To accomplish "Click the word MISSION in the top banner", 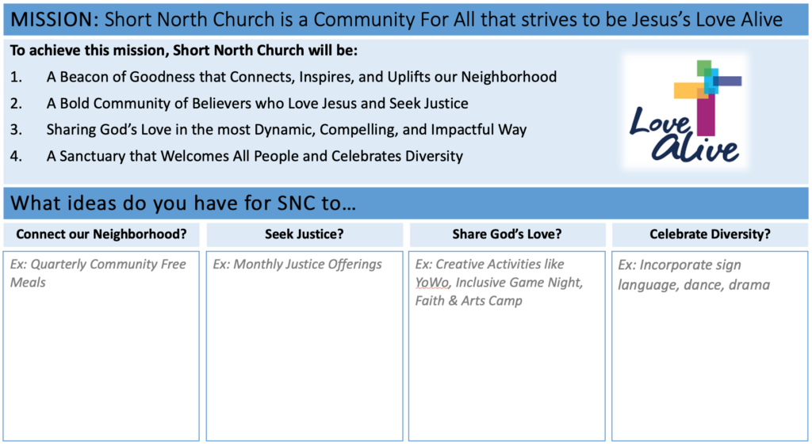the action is coord(51,20).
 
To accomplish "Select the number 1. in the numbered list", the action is coord(16,77).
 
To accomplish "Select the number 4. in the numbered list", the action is coord(16,156).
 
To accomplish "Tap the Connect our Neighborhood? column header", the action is coord(101,234).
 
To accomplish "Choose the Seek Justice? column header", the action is coord(304,234).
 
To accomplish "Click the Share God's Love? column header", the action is coord(507,234).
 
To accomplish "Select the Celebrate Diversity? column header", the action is coord(710,234).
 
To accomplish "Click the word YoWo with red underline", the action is coord(432,283).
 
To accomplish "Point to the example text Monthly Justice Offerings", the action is coord(308,264).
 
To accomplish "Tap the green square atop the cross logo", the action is coord(704,68).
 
